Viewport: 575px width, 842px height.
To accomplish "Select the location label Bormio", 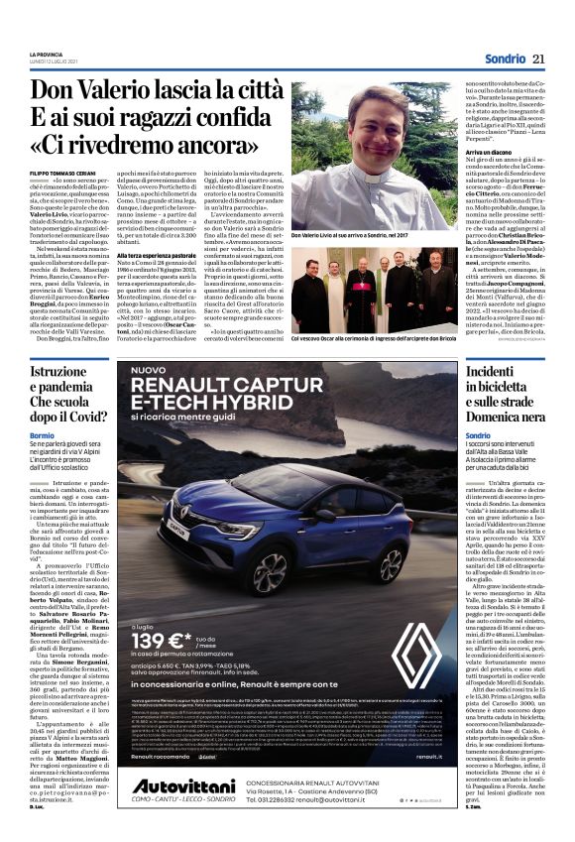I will click(x=42, y=435).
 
